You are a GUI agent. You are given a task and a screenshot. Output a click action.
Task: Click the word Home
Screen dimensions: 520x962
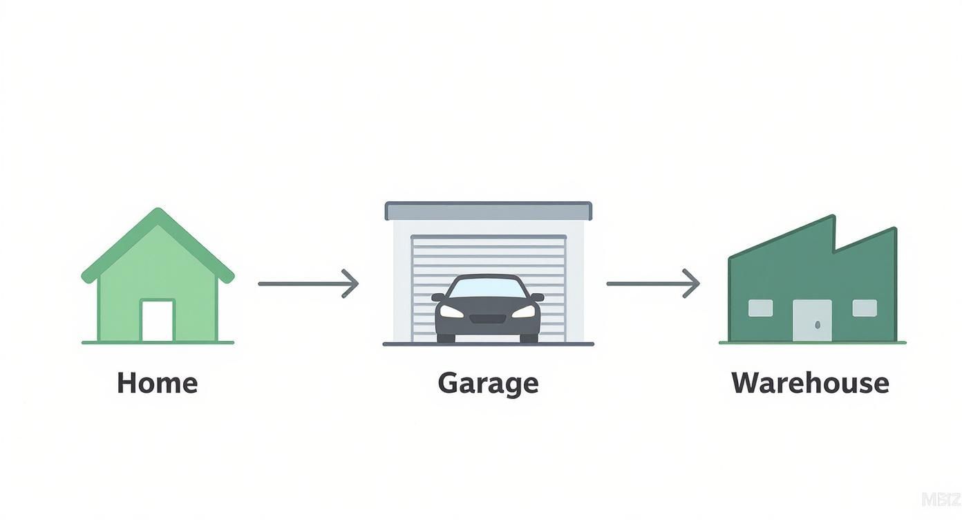[x=157, y=383]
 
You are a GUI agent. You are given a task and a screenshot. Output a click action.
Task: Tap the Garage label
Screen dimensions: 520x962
[x=488, y=383]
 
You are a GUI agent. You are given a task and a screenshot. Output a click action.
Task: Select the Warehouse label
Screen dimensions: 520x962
[x=810, y=383]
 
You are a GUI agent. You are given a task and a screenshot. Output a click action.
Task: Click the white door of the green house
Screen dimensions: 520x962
[x=158, y=320]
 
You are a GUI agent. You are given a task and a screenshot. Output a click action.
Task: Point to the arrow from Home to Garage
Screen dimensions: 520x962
[x=308, y=284]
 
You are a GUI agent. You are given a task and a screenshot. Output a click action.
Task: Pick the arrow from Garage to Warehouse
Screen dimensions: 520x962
[x=653, y=284]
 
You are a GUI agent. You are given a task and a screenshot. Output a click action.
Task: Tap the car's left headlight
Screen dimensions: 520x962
[x=451, y=312]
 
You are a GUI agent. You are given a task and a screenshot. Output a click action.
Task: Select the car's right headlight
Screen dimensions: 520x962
[x=525, y=312]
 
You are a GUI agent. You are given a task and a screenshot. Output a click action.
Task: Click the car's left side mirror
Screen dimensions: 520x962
[x=438, y=297]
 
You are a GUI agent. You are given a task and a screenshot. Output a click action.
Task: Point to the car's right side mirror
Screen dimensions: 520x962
[x=538, y=297]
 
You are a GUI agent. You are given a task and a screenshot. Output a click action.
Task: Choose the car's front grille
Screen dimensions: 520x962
[x=488, y=319]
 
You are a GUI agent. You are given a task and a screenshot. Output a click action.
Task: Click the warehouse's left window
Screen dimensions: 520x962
[x=761, y=308]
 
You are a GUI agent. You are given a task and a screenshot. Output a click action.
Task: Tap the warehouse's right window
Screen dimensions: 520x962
[x=865, y=308]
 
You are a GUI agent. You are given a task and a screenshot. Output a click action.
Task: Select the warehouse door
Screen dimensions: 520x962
[x=813, y=320]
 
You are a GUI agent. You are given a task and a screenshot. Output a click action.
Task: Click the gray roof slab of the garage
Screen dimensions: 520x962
[x=488, y=210]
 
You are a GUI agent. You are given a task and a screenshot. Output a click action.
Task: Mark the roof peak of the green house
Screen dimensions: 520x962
[x=158, y=211]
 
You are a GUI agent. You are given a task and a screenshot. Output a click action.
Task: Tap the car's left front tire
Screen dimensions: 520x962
[x=446, y=338]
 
